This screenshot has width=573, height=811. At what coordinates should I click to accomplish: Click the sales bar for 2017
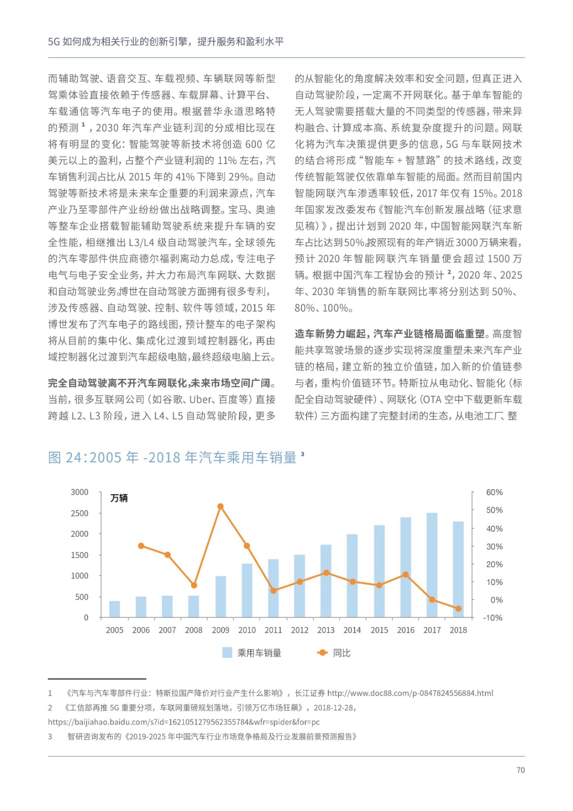(432, 565)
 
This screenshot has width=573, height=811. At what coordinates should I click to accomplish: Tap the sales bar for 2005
(114, 609)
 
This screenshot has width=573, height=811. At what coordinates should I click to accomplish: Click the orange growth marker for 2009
(220, 506)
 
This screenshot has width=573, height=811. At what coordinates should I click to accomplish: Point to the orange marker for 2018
(458, 608)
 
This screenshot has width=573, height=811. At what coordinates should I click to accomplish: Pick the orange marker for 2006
(141, 546)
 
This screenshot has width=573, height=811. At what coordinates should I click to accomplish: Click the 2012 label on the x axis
(299, 630)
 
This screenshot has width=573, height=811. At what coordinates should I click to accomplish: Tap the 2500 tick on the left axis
(80, 513)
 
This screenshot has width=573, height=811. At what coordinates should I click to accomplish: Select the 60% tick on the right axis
(494, 492)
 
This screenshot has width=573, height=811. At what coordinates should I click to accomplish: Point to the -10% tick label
(492, 617)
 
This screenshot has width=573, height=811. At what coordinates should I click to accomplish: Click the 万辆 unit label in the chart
(119, 498)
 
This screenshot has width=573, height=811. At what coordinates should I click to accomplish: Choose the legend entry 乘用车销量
(252, 653)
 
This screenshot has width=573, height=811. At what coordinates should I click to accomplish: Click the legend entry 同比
(334, 653)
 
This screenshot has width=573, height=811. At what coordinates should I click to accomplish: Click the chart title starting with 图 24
(172, 457)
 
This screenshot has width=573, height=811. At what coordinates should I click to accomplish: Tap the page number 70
(520, 770)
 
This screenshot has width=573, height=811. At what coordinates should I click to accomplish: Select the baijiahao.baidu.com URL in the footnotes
(184, 722)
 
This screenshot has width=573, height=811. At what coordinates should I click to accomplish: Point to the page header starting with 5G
(166, 42)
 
